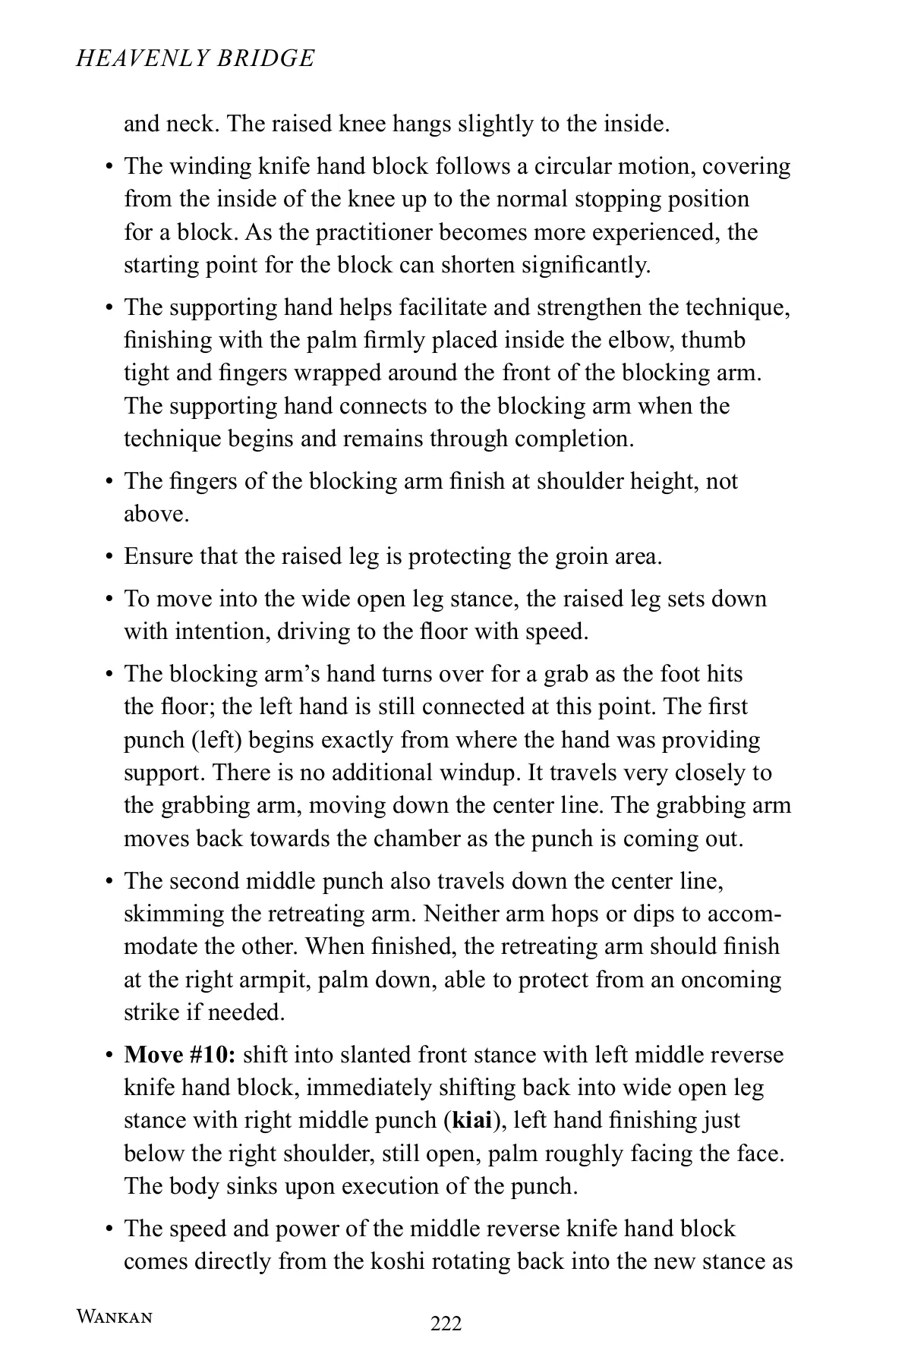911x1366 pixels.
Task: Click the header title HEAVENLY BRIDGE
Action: [195, 59]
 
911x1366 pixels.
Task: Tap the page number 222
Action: [446, 1324]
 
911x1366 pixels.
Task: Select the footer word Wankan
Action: [114, 1317]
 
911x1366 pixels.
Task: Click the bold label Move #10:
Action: [181, 1055]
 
